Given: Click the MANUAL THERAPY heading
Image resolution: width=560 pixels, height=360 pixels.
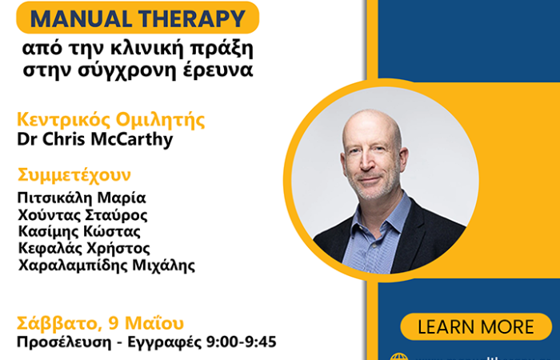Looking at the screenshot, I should click(138, 17).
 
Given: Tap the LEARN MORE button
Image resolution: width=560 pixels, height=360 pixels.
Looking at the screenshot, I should click(475, 326).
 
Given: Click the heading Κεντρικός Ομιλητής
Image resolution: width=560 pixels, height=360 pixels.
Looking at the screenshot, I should click(111, 121).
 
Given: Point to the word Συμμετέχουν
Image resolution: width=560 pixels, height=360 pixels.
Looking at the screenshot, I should click(74, 174).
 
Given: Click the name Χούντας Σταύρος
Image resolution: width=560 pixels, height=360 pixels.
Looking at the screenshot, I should click(82, 214).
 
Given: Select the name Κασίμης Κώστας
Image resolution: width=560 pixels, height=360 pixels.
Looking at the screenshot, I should click(80, 231).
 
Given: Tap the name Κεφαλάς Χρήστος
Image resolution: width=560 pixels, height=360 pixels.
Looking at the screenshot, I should click(83, 248).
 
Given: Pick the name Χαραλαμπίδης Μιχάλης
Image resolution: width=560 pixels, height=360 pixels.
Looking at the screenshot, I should click(106, 265).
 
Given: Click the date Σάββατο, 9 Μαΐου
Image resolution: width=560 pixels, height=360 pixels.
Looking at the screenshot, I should click(101, 323).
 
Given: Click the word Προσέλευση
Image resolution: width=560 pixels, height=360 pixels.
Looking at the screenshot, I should click(60, 342).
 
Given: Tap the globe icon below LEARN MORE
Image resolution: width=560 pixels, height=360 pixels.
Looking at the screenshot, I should click(398, 357).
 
